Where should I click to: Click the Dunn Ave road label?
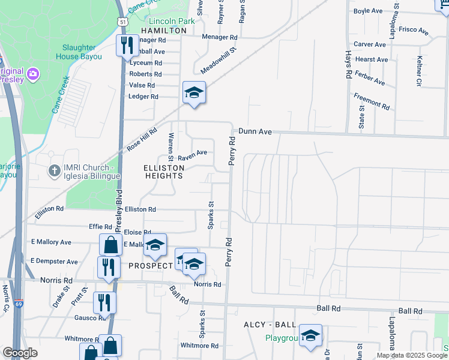(x=255, y=131)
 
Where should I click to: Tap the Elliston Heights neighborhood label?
(x=163, y=172)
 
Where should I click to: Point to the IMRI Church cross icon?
(x=54, y=172)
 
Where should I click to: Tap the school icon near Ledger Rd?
(x=194, y=92)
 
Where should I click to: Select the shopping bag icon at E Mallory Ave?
(x=110, y=245)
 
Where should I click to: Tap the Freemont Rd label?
(x=372, y=100)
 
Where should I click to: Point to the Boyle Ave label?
(x=368, y=11)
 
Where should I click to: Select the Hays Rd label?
(x=348, y=65)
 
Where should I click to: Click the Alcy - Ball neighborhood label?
(x=270, y=325)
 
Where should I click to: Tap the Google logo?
(x=20, y=353)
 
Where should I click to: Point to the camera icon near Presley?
(x=32, y=74)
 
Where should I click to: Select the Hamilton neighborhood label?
(x=164, y=30)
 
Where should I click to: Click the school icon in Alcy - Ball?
(x=310, y=335)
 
